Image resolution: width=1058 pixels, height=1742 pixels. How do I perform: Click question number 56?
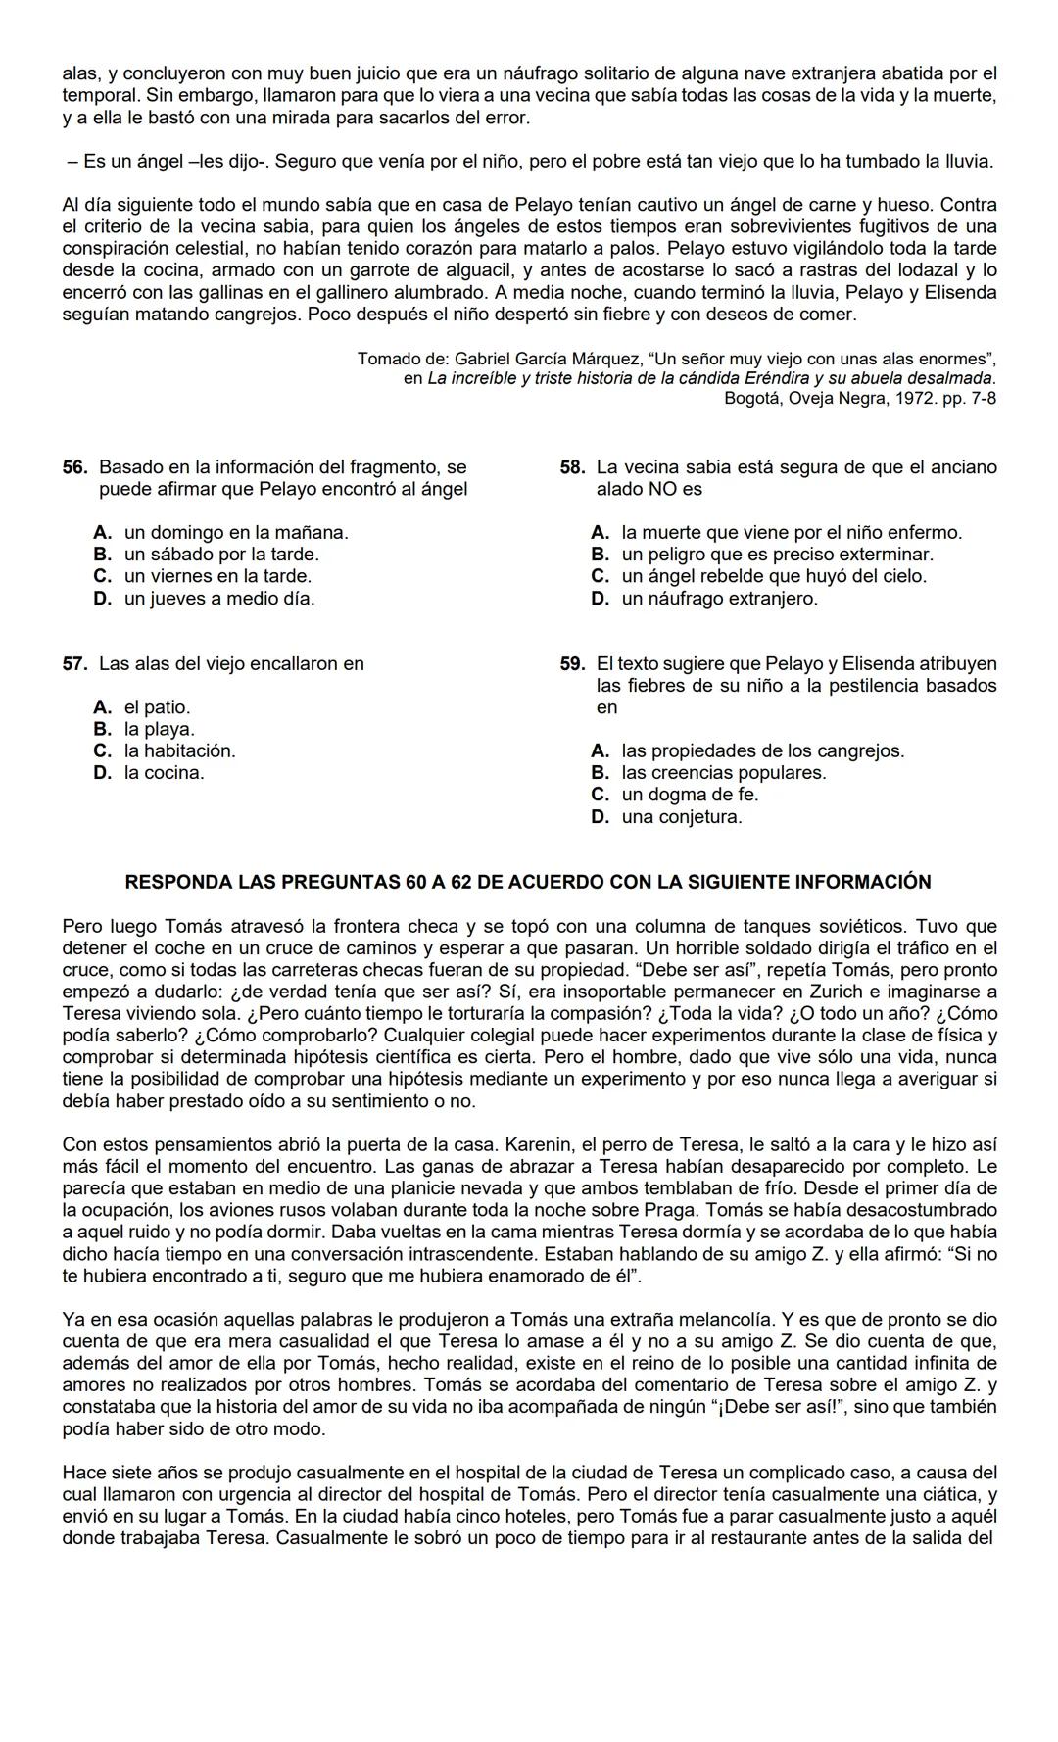click(75, 467)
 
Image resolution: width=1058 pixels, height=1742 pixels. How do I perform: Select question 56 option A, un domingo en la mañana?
click(235, 532)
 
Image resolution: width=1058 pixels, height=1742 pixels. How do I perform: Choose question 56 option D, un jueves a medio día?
click(218, 598)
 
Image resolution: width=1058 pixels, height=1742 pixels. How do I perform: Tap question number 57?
click(75, 663)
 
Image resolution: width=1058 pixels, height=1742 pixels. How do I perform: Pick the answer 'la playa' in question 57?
click(159, 729)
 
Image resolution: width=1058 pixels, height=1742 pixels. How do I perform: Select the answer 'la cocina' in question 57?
click(164, 772)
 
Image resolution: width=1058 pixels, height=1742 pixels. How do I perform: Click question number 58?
click(572, 467)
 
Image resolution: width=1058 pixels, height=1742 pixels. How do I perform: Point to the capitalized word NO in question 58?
click(666, 489)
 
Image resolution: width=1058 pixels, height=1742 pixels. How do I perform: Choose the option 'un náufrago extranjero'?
click(719, 598)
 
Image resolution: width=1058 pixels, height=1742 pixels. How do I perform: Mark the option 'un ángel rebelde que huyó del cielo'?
click(773, 576)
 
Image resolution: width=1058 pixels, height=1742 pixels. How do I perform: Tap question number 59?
click(572, 663)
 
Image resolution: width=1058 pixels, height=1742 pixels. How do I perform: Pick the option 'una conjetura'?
click(681, 816)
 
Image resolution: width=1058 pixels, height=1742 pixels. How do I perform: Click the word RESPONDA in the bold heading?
click(177, 881)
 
